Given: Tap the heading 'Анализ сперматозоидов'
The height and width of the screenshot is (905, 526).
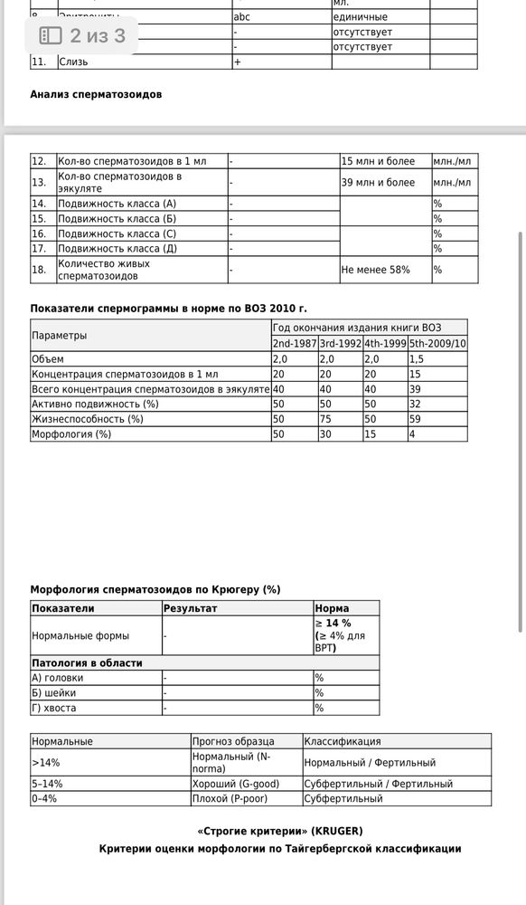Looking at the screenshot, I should (96, 94).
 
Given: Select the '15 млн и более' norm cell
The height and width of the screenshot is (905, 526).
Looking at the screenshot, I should (378, 161).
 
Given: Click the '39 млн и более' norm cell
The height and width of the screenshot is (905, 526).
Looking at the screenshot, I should (378, 182).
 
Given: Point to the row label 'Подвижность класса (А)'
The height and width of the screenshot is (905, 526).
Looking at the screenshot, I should (117, 204).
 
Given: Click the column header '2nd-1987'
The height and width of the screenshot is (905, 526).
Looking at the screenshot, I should (294, 344).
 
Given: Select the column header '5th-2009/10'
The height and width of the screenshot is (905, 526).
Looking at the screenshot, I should (438, 344).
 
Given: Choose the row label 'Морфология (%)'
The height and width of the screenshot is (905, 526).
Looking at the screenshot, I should (71, 434).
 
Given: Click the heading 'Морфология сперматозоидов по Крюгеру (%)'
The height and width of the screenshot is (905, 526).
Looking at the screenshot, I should (155, 589).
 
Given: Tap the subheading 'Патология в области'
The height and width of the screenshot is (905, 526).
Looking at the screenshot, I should (87, 663).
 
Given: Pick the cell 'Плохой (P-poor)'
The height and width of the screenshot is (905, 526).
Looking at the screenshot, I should (231, 799).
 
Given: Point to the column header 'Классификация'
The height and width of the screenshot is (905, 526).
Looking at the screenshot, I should (343, 741).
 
